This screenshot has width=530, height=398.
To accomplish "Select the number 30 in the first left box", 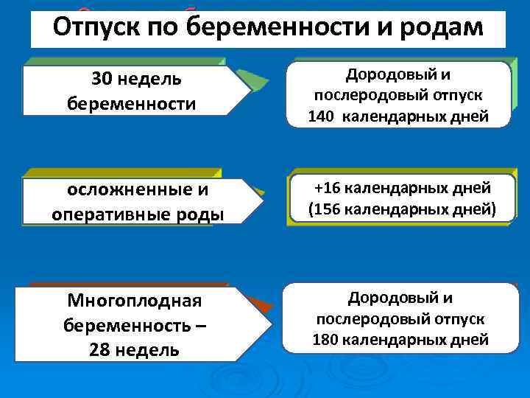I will (x=104, y=79).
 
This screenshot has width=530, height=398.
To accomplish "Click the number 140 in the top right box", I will (x=321, y=116).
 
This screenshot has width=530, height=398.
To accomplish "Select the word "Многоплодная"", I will (x=133, y=301).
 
